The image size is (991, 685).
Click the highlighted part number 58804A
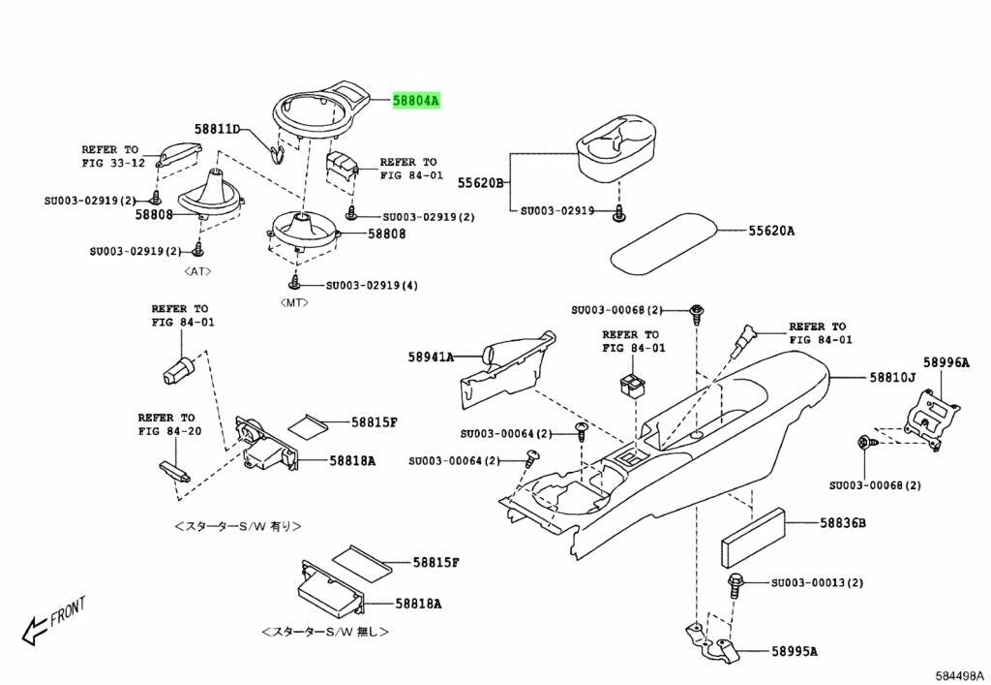416,100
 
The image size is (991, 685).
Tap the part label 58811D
217,129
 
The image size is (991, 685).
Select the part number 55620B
481,181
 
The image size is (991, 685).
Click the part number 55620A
769,231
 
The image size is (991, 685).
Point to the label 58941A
431,357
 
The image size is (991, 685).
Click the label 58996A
946,361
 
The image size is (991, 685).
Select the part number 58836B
842,524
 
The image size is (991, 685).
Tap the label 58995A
795,651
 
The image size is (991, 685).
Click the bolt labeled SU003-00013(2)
736,583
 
